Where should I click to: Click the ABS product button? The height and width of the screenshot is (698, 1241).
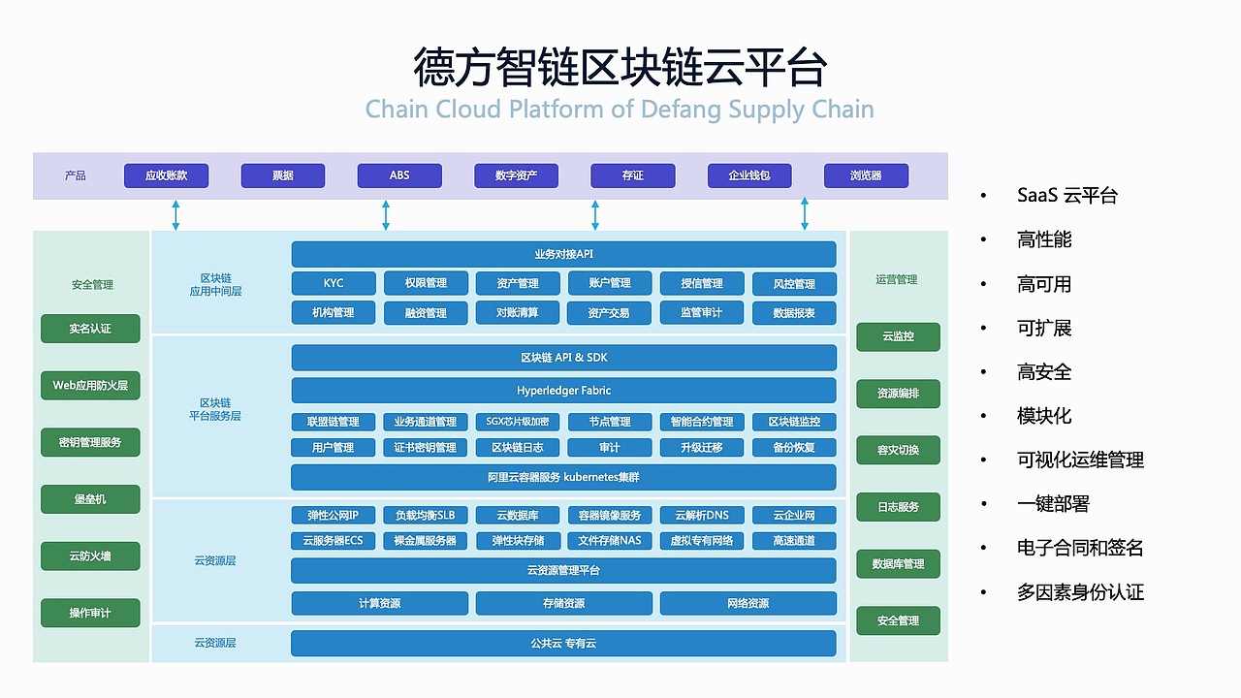click(399, 175)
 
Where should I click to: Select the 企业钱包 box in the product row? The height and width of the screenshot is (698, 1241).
click(748, 175)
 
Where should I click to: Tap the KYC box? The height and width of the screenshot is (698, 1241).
click(334, 283)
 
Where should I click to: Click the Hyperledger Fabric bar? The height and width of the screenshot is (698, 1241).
click(563, 391)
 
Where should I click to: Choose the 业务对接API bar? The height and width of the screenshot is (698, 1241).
click(563, 254)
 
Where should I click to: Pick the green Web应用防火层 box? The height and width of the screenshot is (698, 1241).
click(90, 385)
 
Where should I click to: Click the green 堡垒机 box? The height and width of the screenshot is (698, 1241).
click(90, 499)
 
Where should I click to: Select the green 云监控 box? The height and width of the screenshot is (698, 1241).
click(898, 336)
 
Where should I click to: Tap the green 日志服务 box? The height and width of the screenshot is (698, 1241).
click(898, 507)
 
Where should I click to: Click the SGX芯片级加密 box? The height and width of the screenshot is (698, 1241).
click(518, 422)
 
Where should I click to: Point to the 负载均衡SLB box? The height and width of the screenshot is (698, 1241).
click(425, 515)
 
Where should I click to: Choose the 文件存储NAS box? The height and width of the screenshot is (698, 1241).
click(609, 540)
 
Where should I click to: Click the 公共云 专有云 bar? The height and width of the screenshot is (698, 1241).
click(563, 643)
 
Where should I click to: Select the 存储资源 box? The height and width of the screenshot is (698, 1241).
click(563, 603)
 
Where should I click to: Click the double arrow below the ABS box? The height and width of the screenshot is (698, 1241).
click(386, 215)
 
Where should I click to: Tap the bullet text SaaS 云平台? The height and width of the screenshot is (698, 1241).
click(1066, 196)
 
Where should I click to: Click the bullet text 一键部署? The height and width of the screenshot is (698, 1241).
click(1053, 504)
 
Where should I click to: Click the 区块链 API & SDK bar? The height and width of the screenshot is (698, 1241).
click(563, 358)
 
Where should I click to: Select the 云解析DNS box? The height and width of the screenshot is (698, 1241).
click(702, 515)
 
